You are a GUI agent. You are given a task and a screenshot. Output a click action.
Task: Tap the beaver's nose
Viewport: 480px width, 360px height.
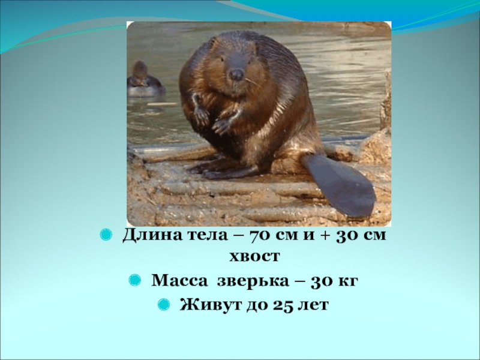(237, 74)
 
